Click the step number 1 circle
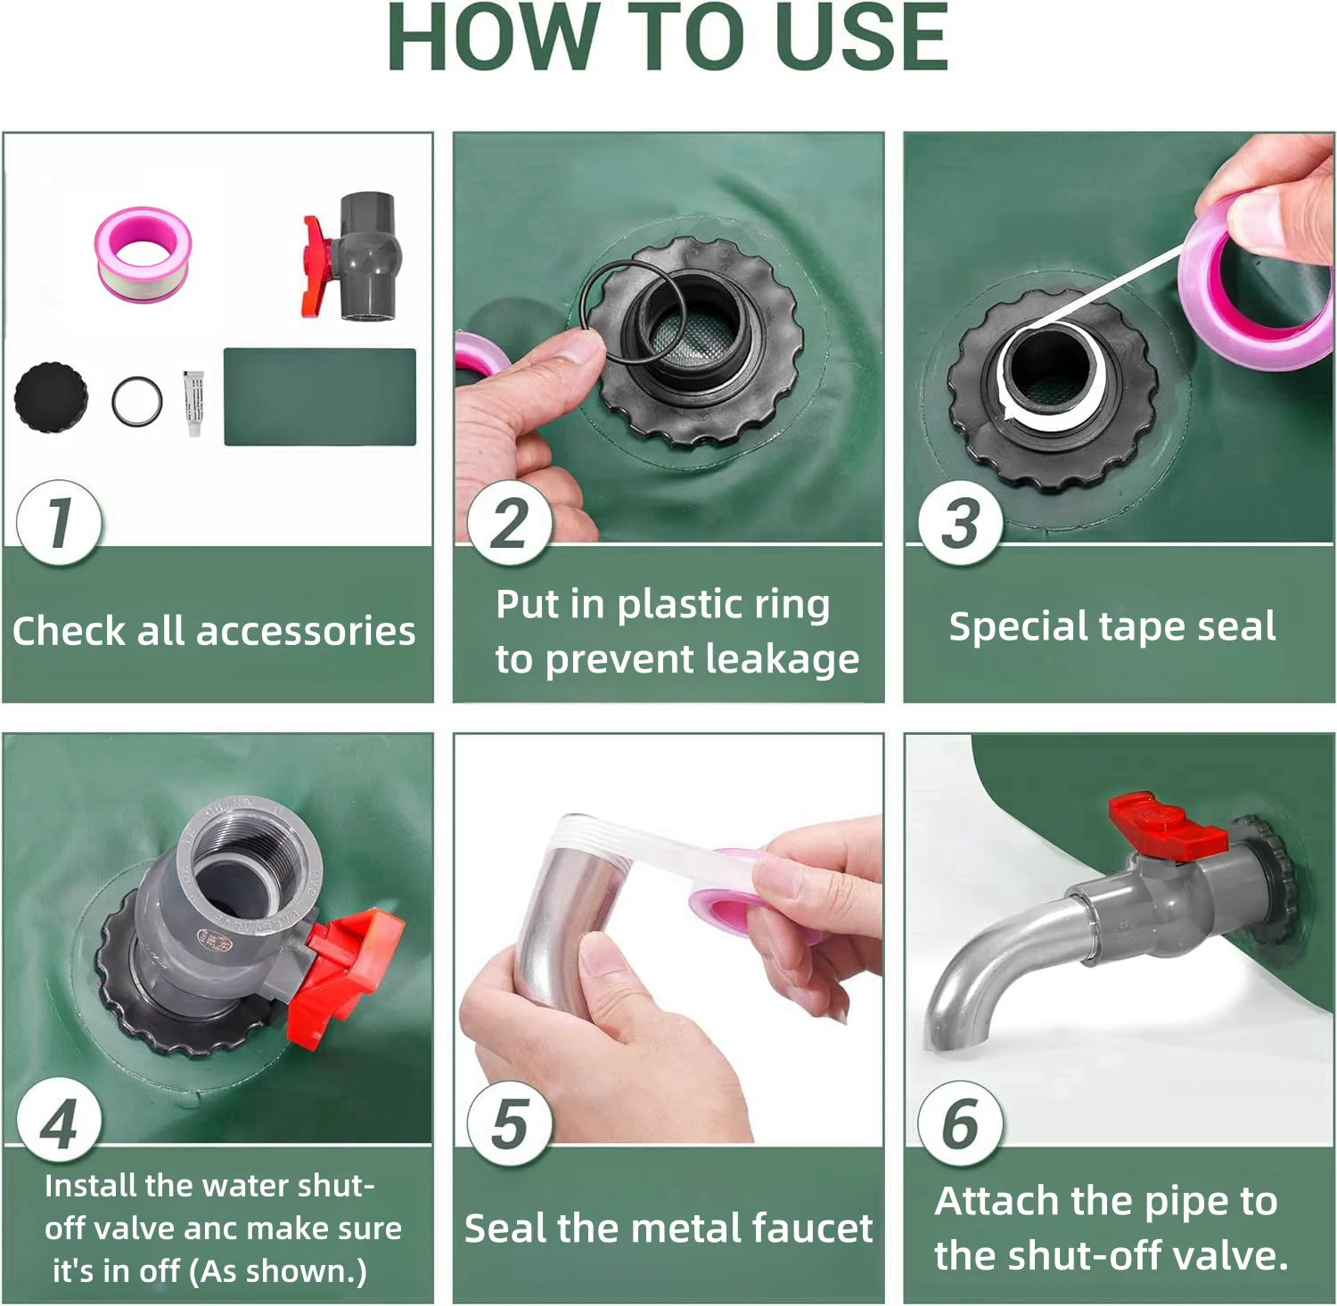tap(59, 522)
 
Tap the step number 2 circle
tap(510, 522)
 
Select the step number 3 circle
tap(961, 522)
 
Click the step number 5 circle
tap(510, 1123)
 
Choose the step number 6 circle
tap(961, 1123)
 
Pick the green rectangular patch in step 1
tap(320, 396)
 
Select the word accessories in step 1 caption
tap(306, 632)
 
